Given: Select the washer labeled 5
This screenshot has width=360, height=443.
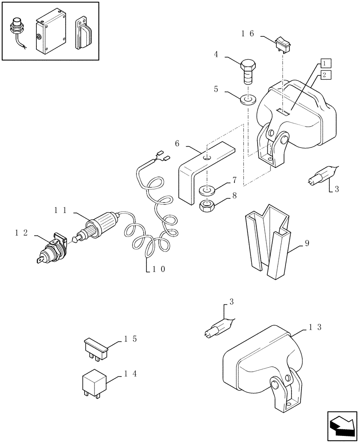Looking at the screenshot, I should (x=248, y=99).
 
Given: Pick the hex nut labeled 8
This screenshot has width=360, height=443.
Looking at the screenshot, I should (x=207, y=205).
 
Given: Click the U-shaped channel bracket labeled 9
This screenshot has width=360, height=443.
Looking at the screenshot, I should (x=266, y=241).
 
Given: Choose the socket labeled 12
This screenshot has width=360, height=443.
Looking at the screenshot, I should (x=51, y=250).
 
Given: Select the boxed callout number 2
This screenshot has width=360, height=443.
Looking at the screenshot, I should (x=324, y=75).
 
